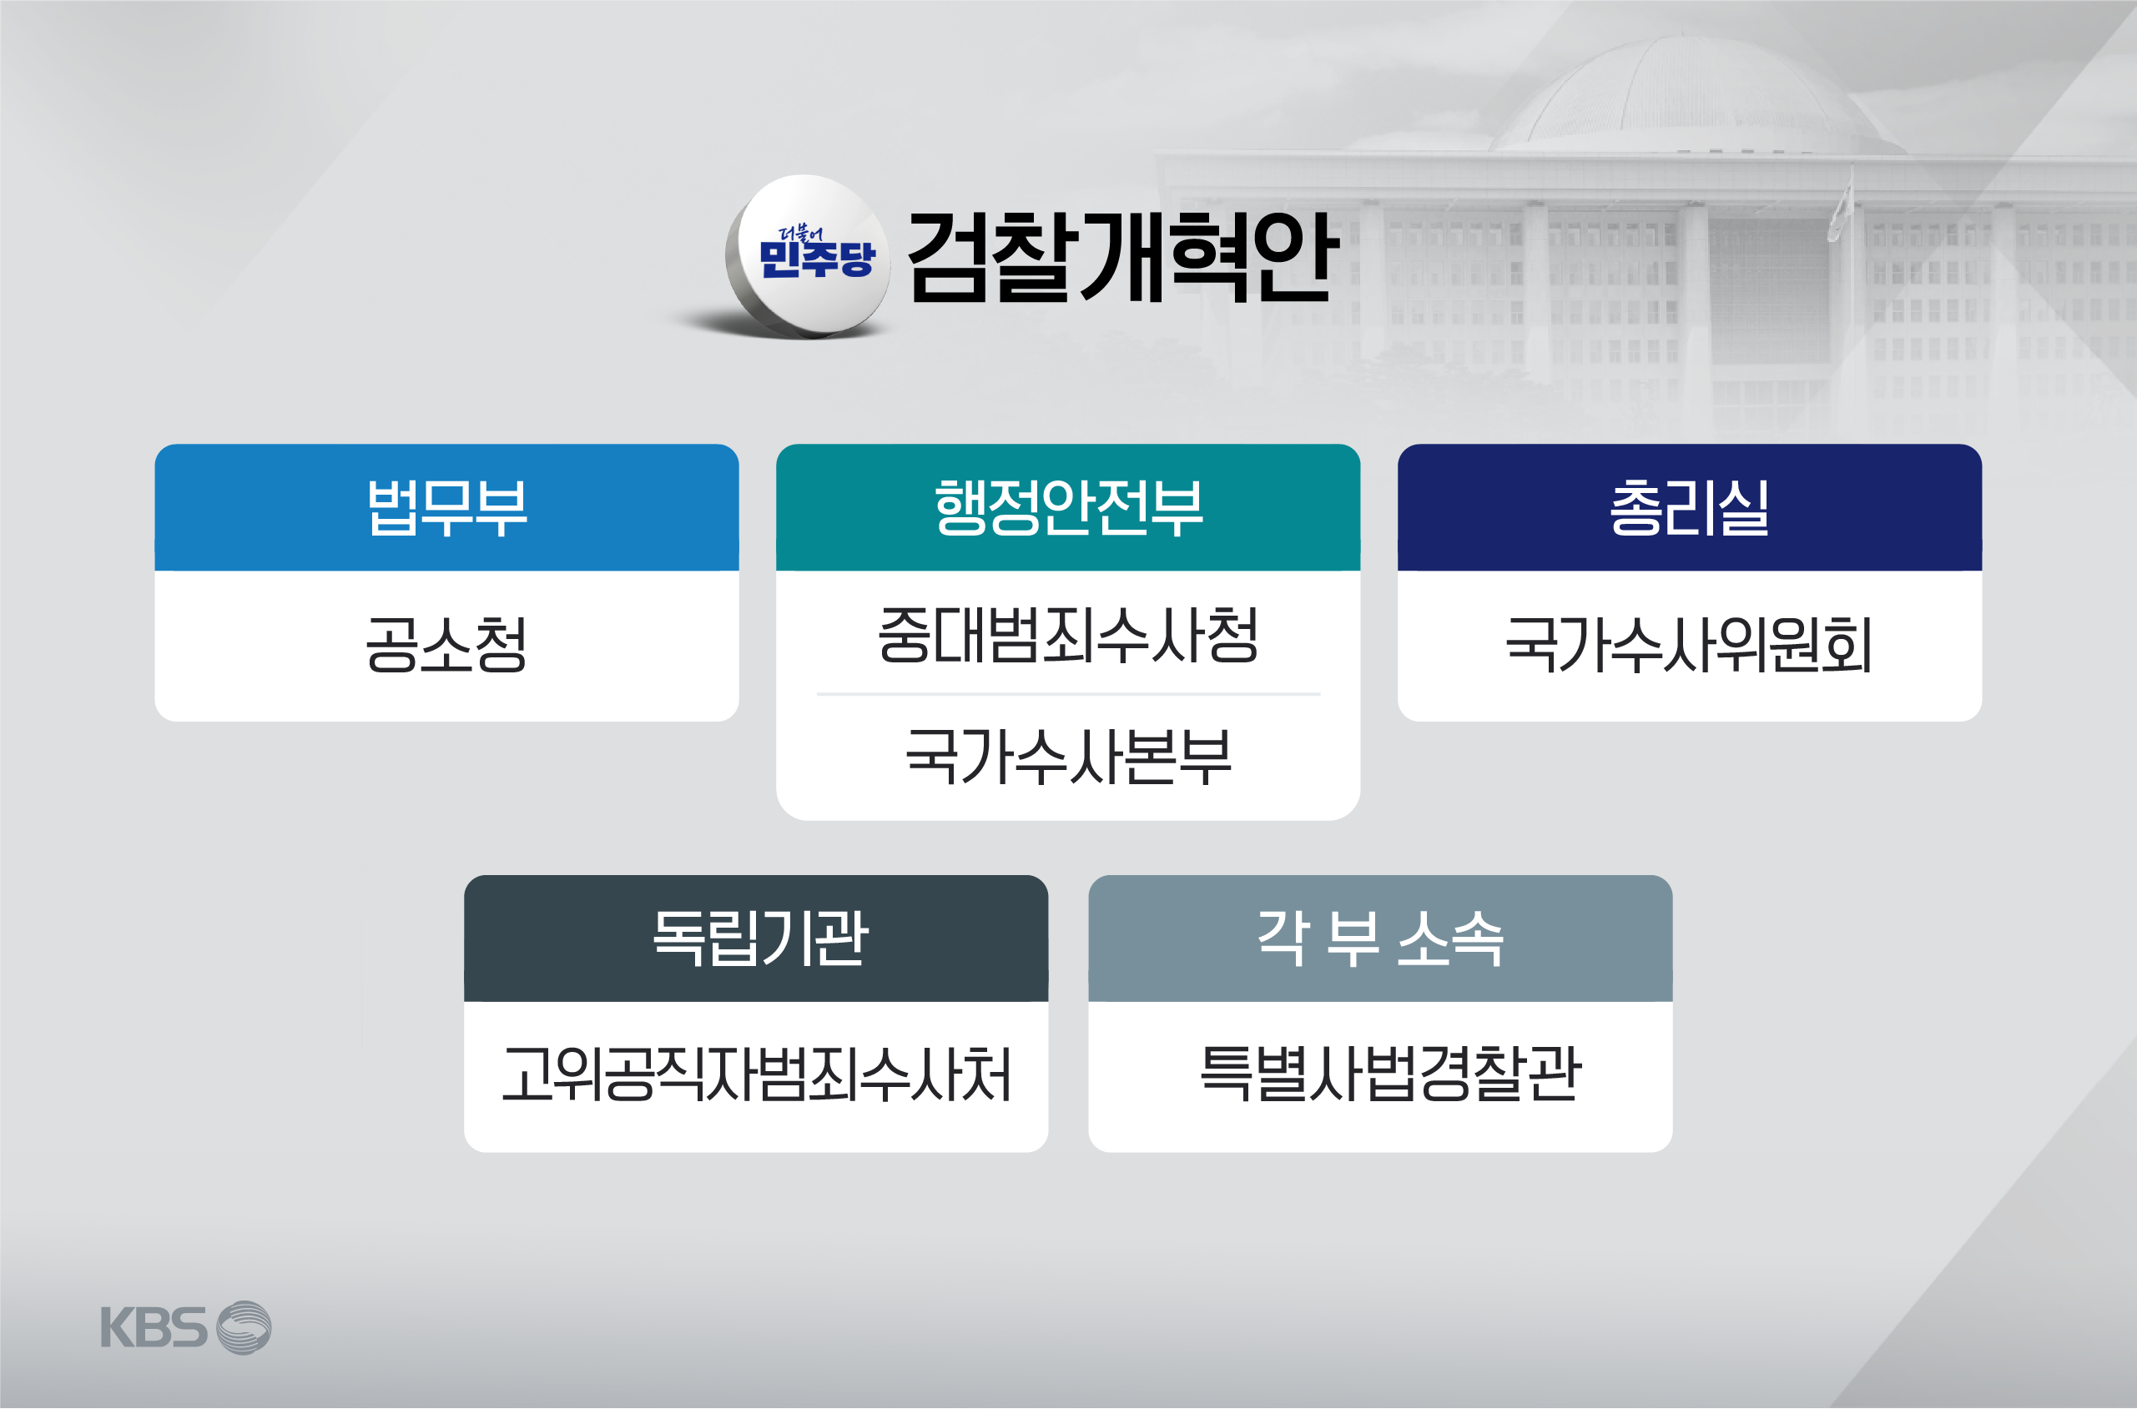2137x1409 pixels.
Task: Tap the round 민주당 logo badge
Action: point(809,256)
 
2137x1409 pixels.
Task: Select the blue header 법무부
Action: point(446,508)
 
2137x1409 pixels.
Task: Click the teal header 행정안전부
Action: point(1067,508)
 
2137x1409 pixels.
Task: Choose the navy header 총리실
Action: point(1690,508)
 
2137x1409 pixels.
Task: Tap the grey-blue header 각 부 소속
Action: point(1380,938)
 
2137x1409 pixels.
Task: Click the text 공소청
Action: point(446,644)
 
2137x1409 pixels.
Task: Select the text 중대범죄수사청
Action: point(1067,634)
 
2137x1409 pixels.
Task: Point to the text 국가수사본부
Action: point(1067,756)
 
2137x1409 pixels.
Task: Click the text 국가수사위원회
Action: point(1690,644)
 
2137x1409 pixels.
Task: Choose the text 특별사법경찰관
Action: point(1390,1073)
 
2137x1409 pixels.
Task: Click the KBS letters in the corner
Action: point(154,1327)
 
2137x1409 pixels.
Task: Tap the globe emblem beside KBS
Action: point(244,1327)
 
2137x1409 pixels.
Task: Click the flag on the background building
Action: point(1841,209)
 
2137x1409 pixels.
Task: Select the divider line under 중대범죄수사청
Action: point(1067,694)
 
